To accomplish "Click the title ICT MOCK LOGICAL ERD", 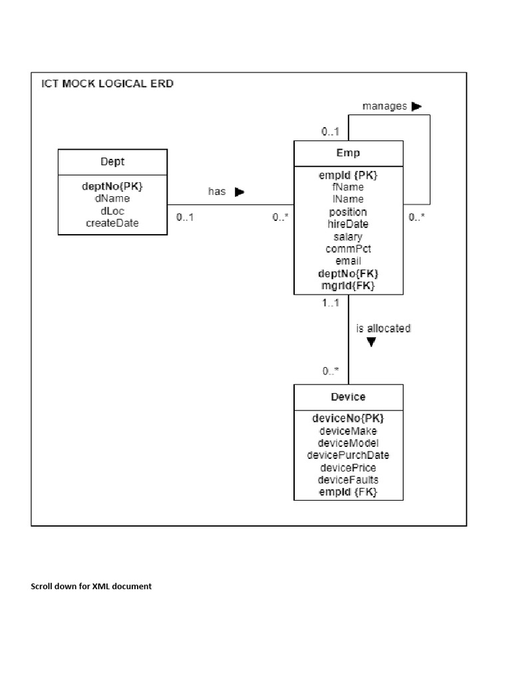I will point(107,84).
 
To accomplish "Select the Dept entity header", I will point(112,162).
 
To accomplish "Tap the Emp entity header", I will point(348,153).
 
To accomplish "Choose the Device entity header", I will point(348,397).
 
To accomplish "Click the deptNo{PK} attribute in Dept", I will point(112,186).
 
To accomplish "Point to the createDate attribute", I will point(112,223).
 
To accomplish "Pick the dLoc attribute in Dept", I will point(112,211).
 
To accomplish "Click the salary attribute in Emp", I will point(348,236).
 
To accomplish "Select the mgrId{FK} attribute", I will point(348,285).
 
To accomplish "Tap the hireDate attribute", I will point(348,224).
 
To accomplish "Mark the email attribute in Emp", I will point(348,261).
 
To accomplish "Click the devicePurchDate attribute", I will point(348,456).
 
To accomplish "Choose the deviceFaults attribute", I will point(348,479).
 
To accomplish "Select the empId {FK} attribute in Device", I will point(348,492).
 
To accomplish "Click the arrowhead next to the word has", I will point(240,192).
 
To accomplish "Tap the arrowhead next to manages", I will point(417,106).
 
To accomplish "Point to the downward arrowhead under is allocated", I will point(371,342).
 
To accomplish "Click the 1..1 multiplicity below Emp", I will point(331,303).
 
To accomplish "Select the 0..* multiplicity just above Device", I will point(331,371).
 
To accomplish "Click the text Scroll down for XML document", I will point(91,586).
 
